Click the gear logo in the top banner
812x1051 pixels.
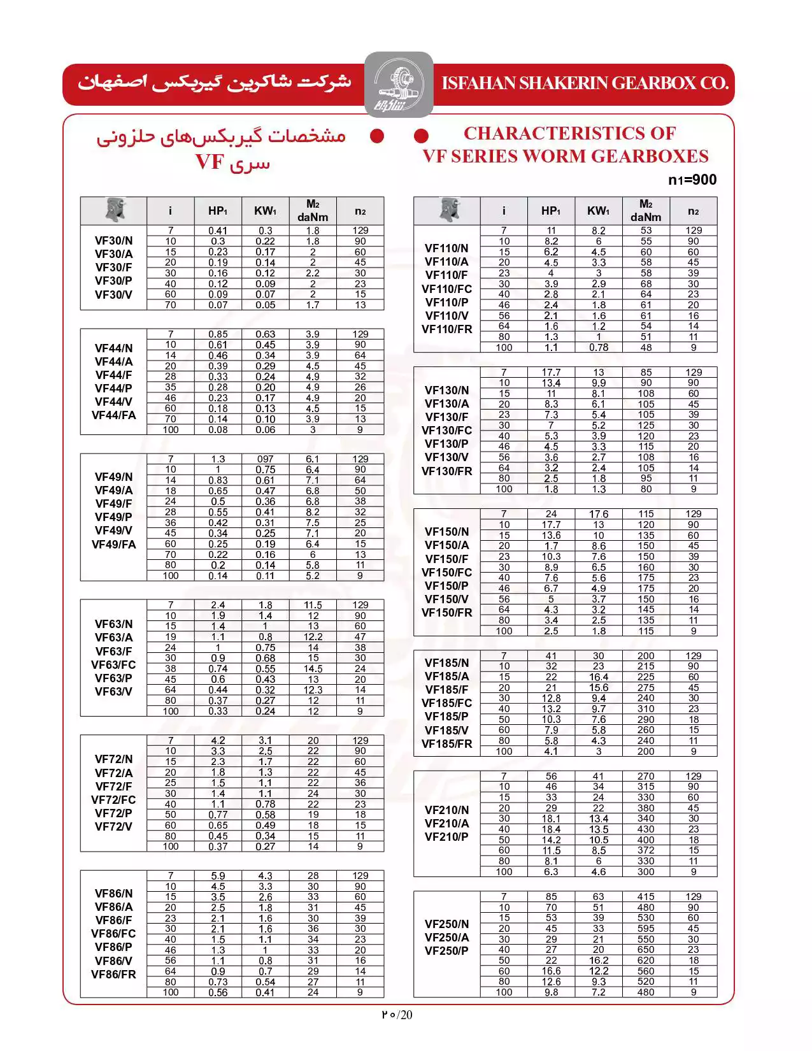click(399, 85)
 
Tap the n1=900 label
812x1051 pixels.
click(692, 180)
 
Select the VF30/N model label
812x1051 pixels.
click(114, 241)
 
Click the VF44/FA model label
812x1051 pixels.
click(114, 415)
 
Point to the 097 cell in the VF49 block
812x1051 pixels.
click(266, 459)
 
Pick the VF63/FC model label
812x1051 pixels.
click(114, 665)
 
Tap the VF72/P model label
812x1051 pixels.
click(114, 813)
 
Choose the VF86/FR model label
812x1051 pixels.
click(114, 974)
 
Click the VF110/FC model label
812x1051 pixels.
click(447, 289)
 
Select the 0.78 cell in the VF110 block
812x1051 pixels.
click(599, 348)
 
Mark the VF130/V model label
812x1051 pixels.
click(447, 457)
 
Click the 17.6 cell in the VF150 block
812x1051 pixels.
click(599, 514)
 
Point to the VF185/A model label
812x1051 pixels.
click(447, 676)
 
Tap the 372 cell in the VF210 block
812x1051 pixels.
click(646, 850)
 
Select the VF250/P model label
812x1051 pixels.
click(447, 951)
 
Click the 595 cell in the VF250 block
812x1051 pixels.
click(646, 929)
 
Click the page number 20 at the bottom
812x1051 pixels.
click(406, 1015)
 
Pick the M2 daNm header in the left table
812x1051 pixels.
click(313, 211)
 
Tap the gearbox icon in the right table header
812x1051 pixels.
click(449, 210)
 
